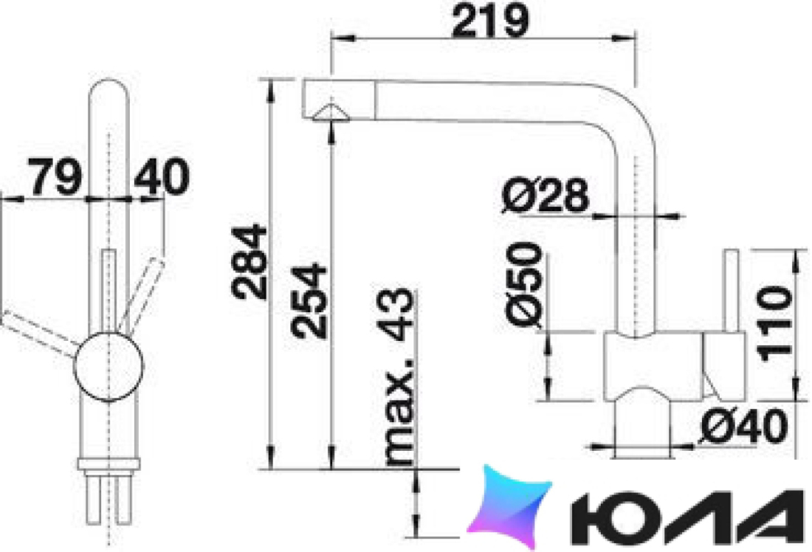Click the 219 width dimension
[490, 21]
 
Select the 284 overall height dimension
[250, 262]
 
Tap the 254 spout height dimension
[309, 301]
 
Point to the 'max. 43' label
[399, 376]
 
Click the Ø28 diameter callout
[546, 196]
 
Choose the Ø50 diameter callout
[525, 285]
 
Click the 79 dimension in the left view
[55, 176]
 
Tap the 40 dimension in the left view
[162, 176]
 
